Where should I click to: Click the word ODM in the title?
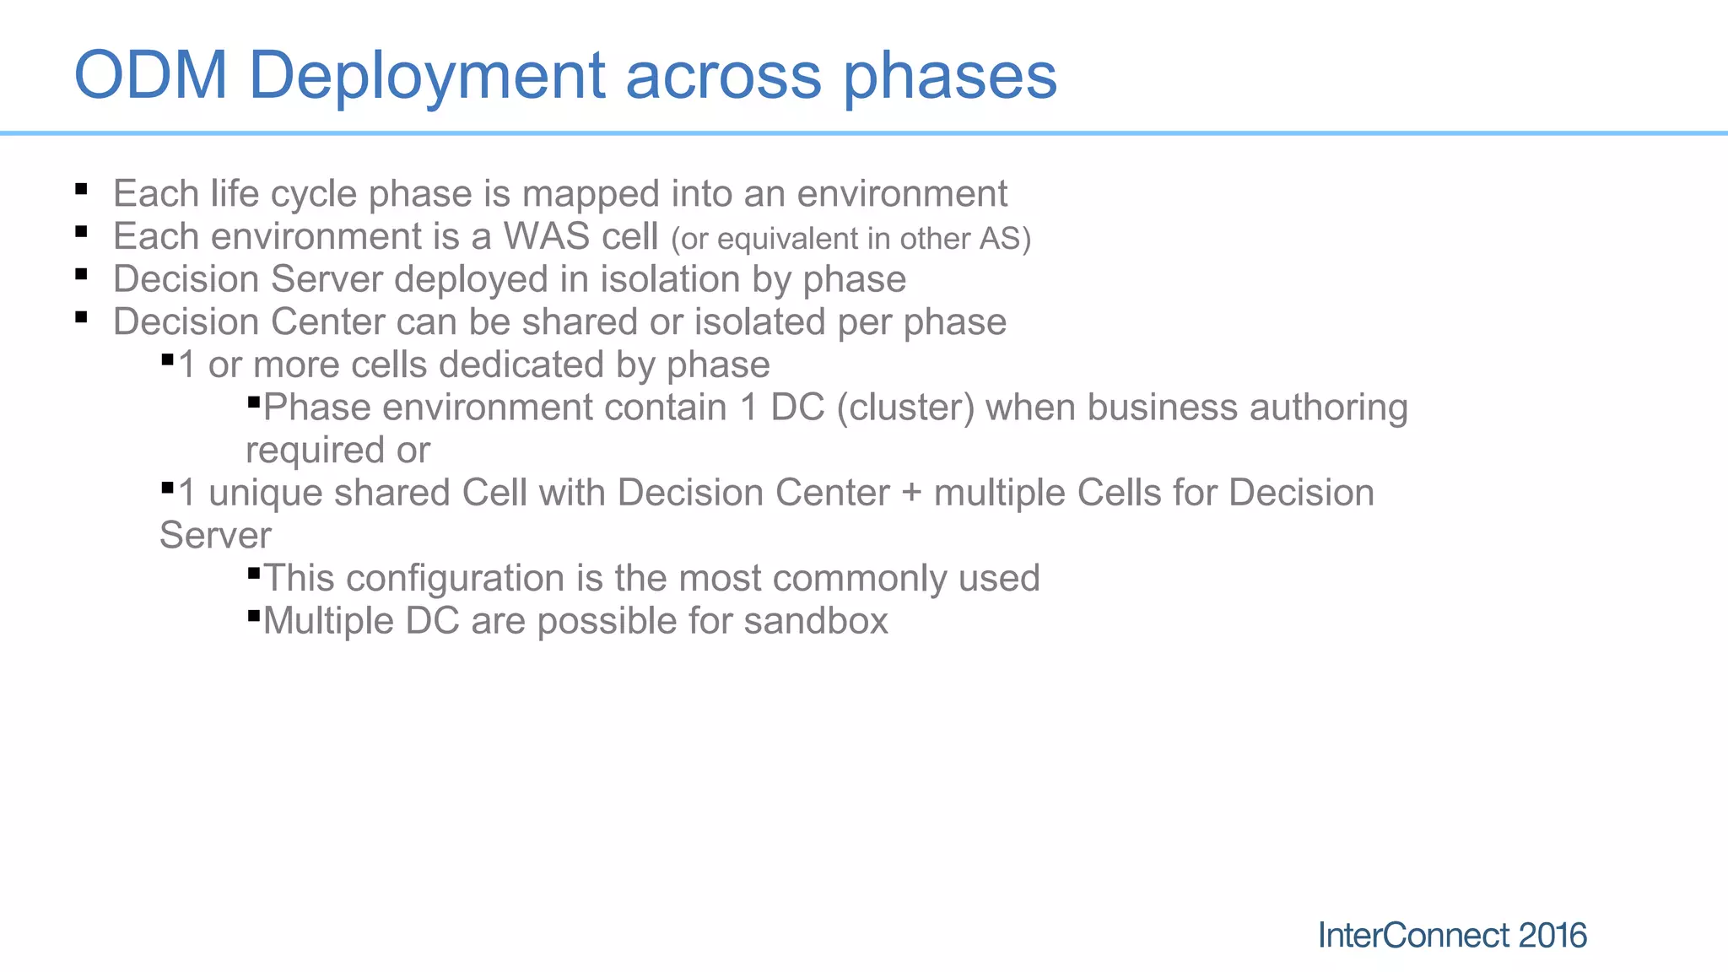pyautogui.click(x=151, y=76)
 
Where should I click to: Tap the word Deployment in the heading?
pyautogui.click(x=427, y=76)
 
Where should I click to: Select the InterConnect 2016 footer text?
pyautogui.click(x=1451, y=935)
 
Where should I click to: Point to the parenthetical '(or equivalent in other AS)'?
pyautogui.click(x=850, y=239)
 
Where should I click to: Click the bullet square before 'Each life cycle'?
pyautogui.click(x=81, y=189)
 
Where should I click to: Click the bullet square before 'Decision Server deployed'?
pyautogui.click(x=81, y=274)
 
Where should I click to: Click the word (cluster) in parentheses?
pyautogui.click(x=905, y=408)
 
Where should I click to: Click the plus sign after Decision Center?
pyautogui.click(x=911, y=494)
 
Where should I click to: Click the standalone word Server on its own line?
pyautogui.click(x=215, y=536)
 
